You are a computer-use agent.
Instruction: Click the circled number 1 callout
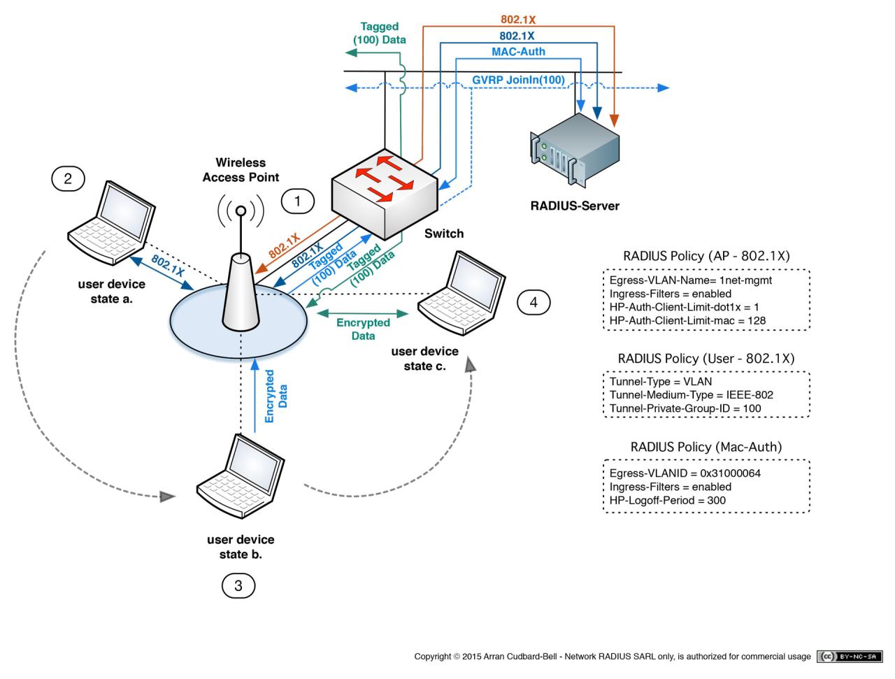pos(298,202)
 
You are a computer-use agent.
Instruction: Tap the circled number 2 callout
pos(68,178)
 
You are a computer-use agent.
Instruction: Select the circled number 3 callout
pos(238,585)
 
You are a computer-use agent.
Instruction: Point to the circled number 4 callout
pos(534,302)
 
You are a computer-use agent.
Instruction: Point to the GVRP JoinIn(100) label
pos(518,80)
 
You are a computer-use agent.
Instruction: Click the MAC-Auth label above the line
pos(518,52)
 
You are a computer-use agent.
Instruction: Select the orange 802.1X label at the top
pos(518,20)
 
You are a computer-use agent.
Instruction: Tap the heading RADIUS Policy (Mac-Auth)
pos(706,447)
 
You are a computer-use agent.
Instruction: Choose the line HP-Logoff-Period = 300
pos(667,500)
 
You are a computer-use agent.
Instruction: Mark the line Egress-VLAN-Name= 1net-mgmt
pos(691,280)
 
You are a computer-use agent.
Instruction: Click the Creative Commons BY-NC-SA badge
pos(850,657)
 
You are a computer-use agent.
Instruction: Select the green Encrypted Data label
pos(363,329)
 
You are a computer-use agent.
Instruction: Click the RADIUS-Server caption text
pos(575,206)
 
